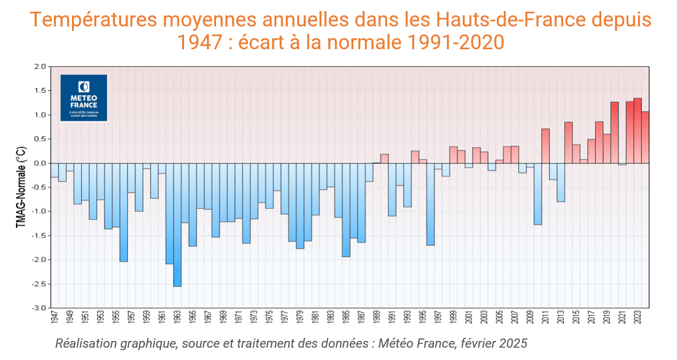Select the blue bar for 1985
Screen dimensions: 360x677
pyautogui.click(x=346, y=210)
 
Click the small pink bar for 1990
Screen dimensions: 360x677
pyautogui.click(x=384, y=159)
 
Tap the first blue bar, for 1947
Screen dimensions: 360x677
pyautogui.click(x=54, y=170)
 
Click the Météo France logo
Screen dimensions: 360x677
pyautogui.click(x=84, y=98)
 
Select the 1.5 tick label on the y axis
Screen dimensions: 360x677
pyautogui.click(x=39, y=90)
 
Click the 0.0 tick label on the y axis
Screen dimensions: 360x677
pyautogui.click(x=39, y=163)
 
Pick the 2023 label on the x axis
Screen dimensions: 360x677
pyautogui.click(x=638, y=319)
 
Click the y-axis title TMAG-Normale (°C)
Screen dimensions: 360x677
pyautogui.click(x=20, y=187)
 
